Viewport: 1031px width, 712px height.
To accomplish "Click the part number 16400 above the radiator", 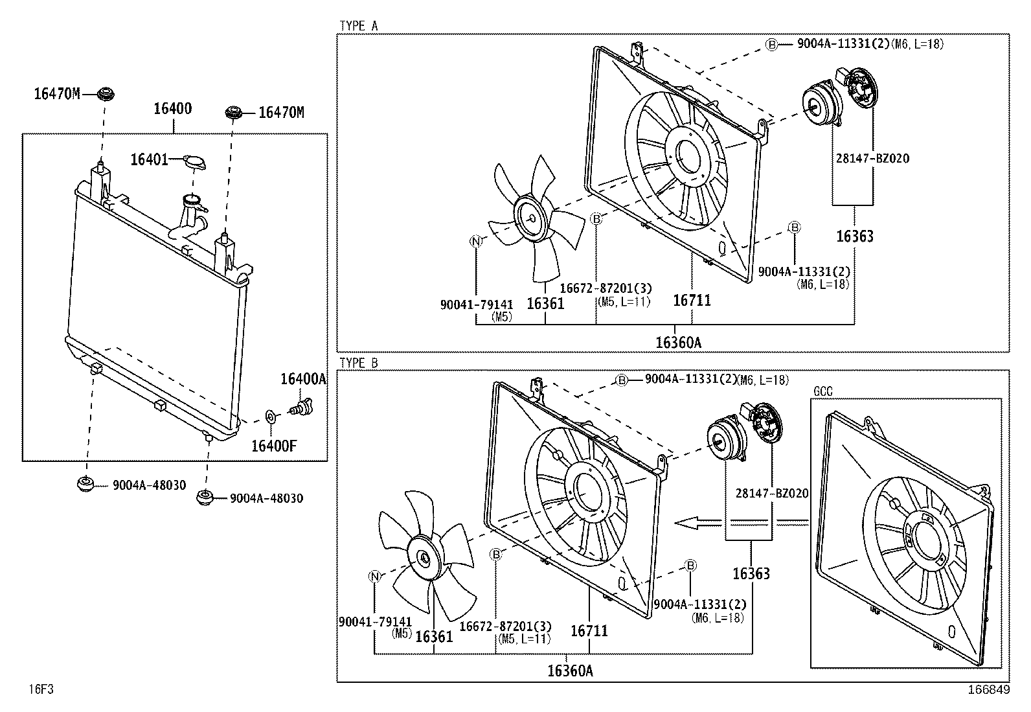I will click(x=172, y=108).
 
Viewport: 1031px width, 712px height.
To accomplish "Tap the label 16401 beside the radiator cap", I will click(x=149, y=159).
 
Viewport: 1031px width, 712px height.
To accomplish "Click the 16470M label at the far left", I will click(x=57, y=95).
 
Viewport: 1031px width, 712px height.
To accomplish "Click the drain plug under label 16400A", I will click(x=301, y=409).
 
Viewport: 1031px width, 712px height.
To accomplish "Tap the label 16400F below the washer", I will click(x=274, y=446).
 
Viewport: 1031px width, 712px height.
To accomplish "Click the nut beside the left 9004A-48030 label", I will click(x=85, y=483).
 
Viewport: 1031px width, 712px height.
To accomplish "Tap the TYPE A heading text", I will click(x=358, y=26).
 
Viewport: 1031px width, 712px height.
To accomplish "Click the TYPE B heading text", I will click(x=358, y=363).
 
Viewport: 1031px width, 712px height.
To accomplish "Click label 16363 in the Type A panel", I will click(x=854, y=236).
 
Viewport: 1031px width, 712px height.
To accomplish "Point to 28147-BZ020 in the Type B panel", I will click(x=771, y=494).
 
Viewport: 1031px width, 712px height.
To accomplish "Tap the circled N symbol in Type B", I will click(x=374, y=576).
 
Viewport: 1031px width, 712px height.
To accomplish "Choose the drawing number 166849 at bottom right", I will click(x=989, y=690).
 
